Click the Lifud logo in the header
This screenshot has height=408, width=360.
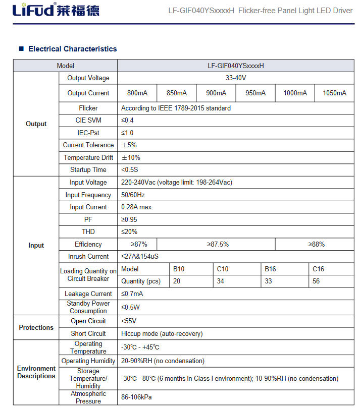click(x=56, y=10)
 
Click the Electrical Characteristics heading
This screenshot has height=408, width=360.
click(x=72, y=49)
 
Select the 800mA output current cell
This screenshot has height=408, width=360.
click(x=137, y=93)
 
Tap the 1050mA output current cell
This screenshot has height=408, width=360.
click(x=334, y=93)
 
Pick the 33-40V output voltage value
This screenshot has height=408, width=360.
click(x=236, y=78)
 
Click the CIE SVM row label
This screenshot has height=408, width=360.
click(x=88, y=121)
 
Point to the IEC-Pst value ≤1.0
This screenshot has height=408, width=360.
click(x=127, y=133)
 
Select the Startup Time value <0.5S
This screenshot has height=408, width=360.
click(x=129, y=170)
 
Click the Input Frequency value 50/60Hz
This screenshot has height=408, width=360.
click(x=132, y=195)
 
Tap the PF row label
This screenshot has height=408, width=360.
click(x=88, y=220)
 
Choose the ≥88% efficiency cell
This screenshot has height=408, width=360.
click(x=316, y=245)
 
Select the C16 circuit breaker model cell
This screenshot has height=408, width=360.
click(x=318, y=269)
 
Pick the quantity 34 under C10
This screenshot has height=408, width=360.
click(x=221, y=281)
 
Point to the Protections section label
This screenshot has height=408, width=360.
click(x=36, y=328)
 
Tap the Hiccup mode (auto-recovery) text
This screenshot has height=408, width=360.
click(x=162, y=334)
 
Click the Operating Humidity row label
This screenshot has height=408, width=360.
click(x=88, y=361)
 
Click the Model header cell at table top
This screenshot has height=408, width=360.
click(x=65, y=66)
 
